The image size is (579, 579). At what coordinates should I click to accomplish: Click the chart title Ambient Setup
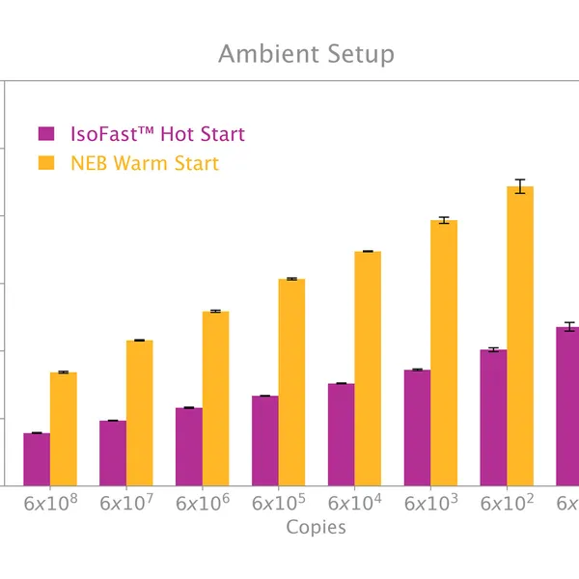[x=306, y=53]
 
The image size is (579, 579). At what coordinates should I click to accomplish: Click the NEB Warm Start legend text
[x=145, y=163]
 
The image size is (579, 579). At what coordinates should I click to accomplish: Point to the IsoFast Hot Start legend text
[x=157, y=134]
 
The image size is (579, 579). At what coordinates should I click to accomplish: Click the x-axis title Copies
[x=316, y=527]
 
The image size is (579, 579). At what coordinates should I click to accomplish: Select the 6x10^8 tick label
[x=50, y=503]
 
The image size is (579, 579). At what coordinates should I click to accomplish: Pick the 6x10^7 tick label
[x=126, y=503]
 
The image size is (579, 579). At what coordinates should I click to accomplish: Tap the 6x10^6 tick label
[x=203, y=503]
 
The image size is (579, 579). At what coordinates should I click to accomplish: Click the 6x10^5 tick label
[x=279, y=503]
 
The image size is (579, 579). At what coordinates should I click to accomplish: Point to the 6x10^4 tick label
[x=354, y=503]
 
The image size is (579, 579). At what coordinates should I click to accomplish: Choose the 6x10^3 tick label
[x=430, y=503]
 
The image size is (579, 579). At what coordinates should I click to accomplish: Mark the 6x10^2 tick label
[x=507, y=503]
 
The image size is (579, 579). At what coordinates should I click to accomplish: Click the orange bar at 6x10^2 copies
[x=520, y=338]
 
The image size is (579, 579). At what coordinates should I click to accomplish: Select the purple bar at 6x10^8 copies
[x=37, y=459]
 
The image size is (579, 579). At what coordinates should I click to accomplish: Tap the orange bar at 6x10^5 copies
[x=291, y=382]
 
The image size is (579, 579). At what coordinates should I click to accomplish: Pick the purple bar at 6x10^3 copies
[x=417, y=427]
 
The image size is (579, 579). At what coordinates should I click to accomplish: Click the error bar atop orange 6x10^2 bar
[x=520, y=186]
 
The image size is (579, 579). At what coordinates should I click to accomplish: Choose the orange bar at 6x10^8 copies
[x=64, y=428]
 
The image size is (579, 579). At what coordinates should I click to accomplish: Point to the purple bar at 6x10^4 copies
[x=341, y=434]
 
